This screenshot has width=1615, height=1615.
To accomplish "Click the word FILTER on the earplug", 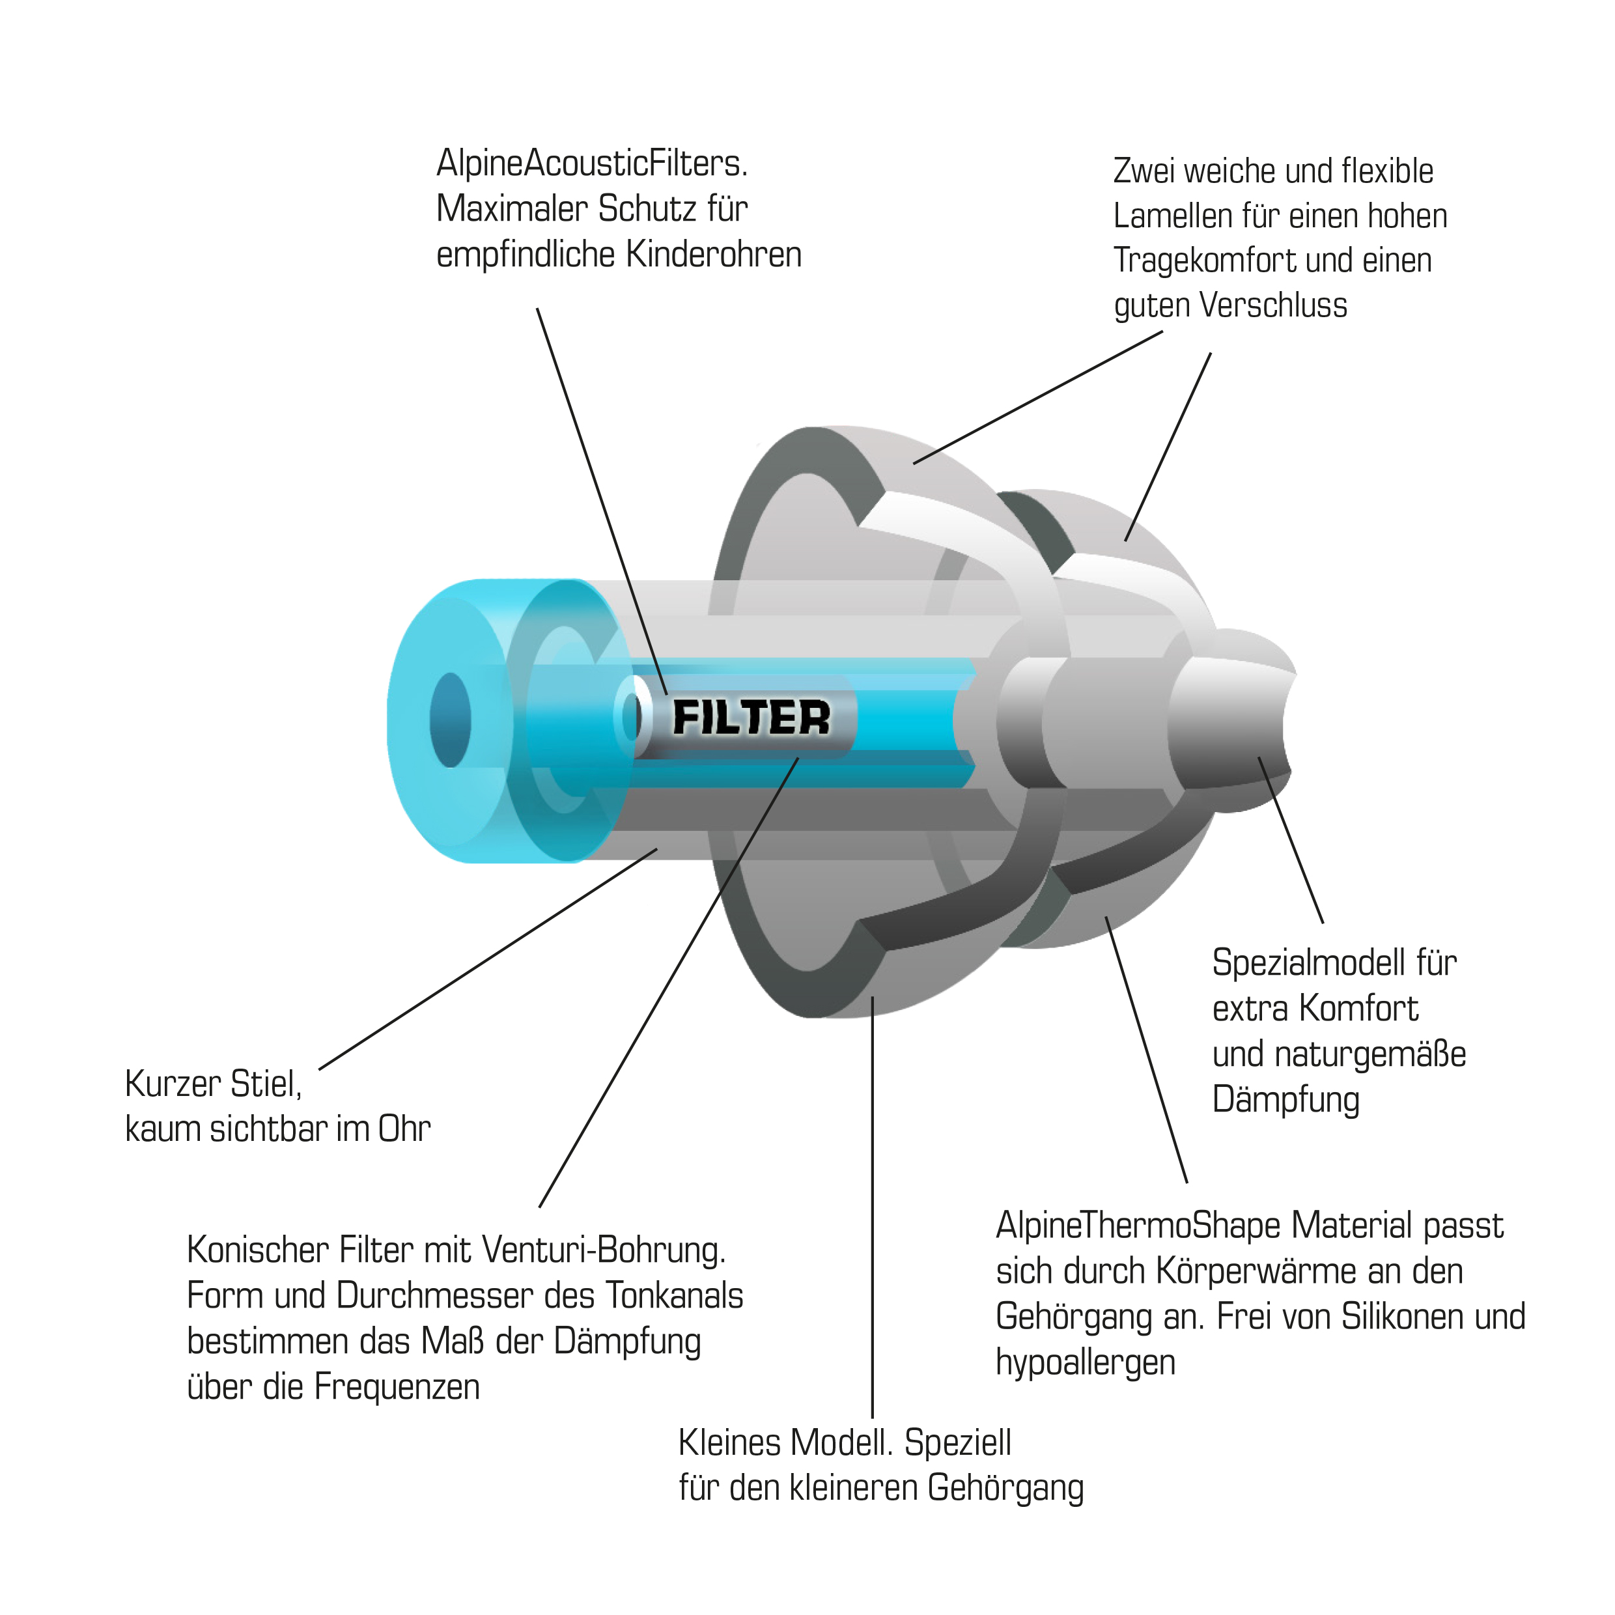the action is (751, 718).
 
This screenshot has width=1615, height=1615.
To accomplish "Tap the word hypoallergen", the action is (1085, 1362).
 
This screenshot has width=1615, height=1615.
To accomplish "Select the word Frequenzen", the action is (397, 1387).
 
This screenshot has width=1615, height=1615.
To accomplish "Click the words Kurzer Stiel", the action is (213, 1084).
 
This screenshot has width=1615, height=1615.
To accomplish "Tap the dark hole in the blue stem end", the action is (450, 720).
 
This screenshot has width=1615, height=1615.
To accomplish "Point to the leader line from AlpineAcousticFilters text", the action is (601, 501).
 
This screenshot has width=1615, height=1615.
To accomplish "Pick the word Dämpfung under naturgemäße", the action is (1285, 1100).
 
